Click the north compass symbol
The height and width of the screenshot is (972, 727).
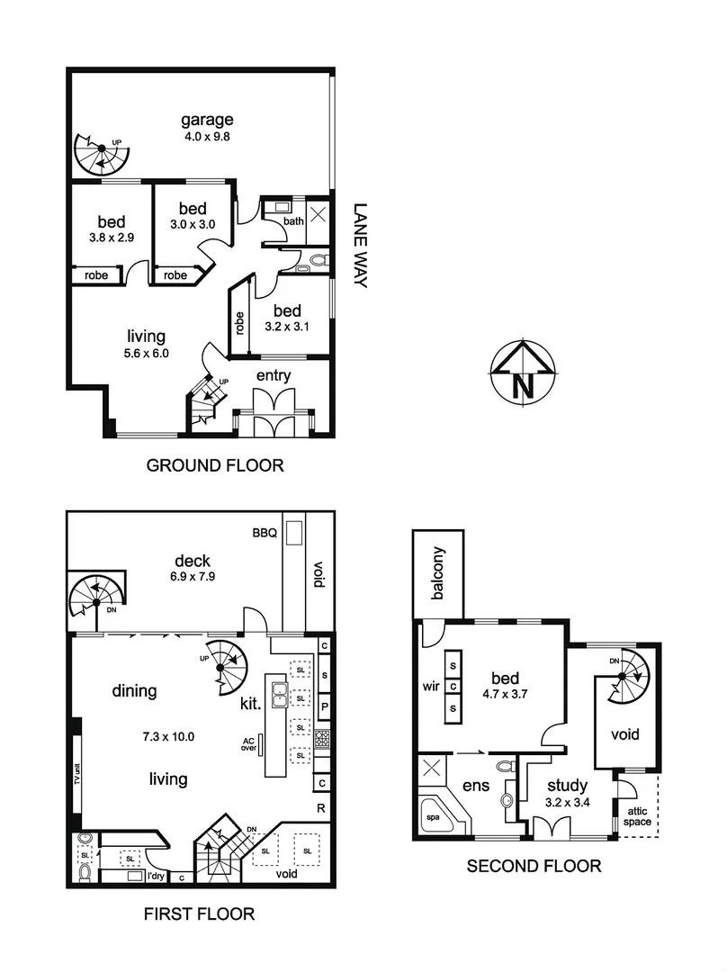522,371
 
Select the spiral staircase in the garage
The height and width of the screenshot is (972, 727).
100,155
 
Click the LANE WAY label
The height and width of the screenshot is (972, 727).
361,244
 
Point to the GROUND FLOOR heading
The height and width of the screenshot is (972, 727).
215,465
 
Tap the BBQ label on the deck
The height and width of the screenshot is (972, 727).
264,532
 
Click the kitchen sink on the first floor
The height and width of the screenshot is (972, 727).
280,694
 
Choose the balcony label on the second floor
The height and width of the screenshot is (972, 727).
438,573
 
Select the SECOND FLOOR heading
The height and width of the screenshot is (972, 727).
533,867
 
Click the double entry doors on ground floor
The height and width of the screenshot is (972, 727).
274,413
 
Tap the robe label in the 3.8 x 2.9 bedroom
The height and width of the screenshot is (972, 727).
96,275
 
